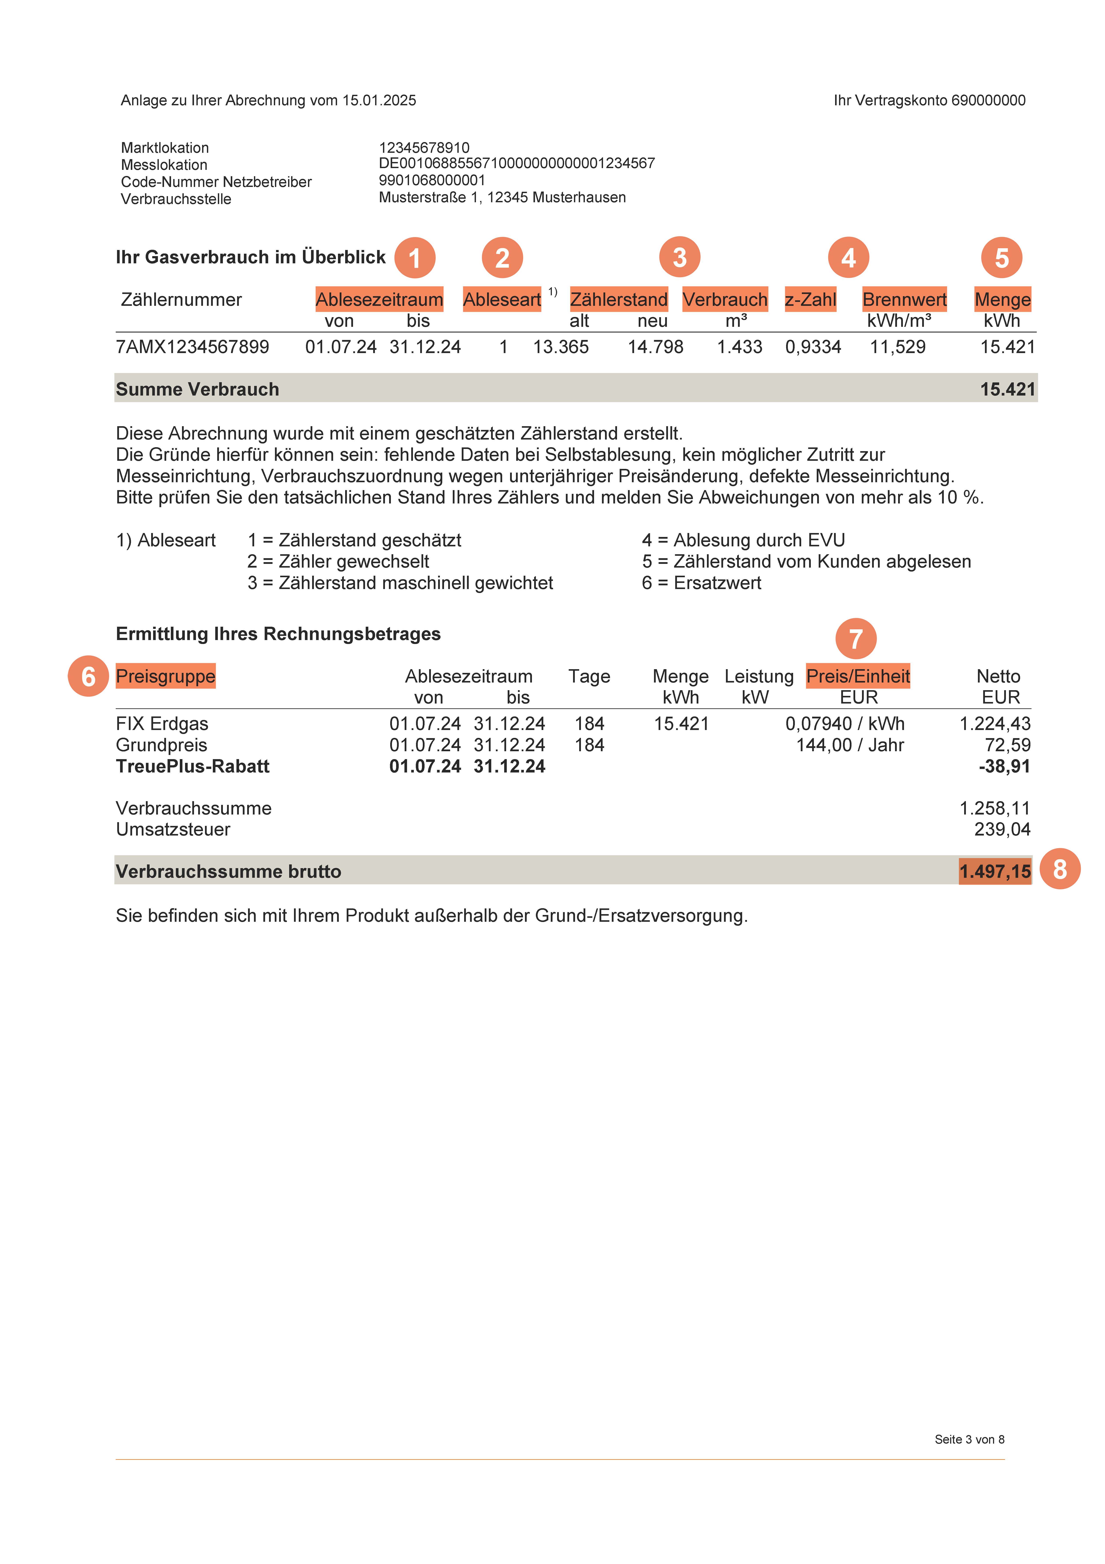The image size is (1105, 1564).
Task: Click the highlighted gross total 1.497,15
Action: click(995, 871)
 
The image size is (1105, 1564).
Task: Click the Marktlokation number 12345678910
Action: click(424, 148)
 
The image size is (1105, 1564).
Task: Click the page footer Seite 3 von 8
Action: click(970, 1439)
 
